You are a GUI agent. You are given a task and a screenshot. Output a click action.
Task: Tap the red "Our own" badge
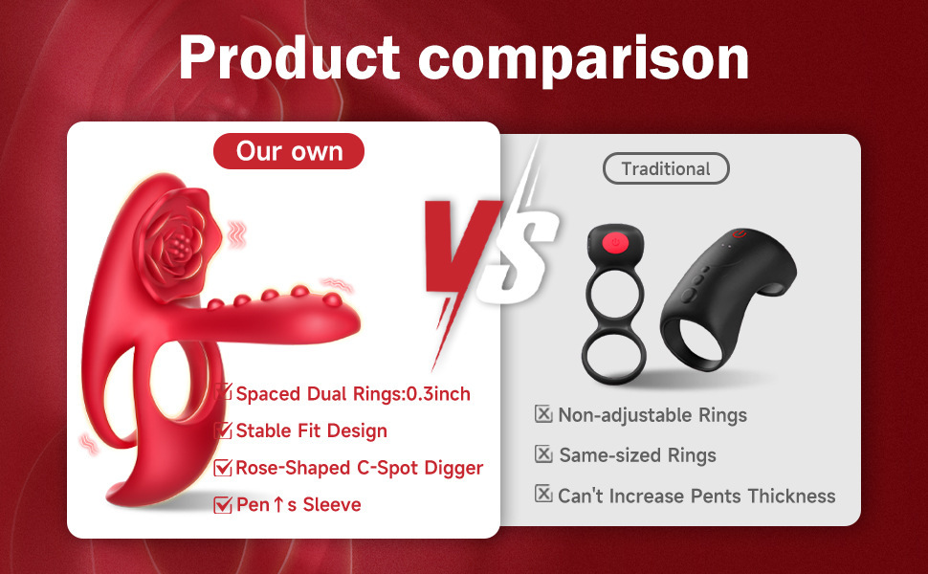(289, 151)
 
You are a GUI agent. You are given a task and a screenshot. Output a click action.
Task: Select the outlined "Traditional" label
(666, 169)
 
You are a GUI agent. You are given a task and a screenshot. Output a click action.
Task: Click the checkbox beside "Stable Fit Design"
(224, 430)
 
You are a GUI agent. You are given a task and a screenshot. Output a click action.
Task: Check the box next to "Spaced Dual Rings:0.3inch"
(224, 392)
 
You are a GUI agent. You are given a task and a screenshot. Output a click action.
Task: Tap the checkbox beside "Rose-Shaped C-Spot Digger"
(224, 468)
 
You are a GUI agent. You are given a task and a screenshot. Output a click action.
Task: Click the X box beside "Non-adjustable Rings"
(543, 414)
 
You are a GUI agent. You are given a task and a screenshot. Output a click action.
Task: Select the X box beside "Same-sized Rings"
(543, 454)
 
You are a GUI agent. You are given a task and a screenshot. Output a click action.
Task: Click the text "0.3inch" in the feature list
(438, 393)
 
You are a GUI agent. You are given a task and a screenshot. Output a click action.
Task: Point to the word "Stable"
(264, 430)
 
